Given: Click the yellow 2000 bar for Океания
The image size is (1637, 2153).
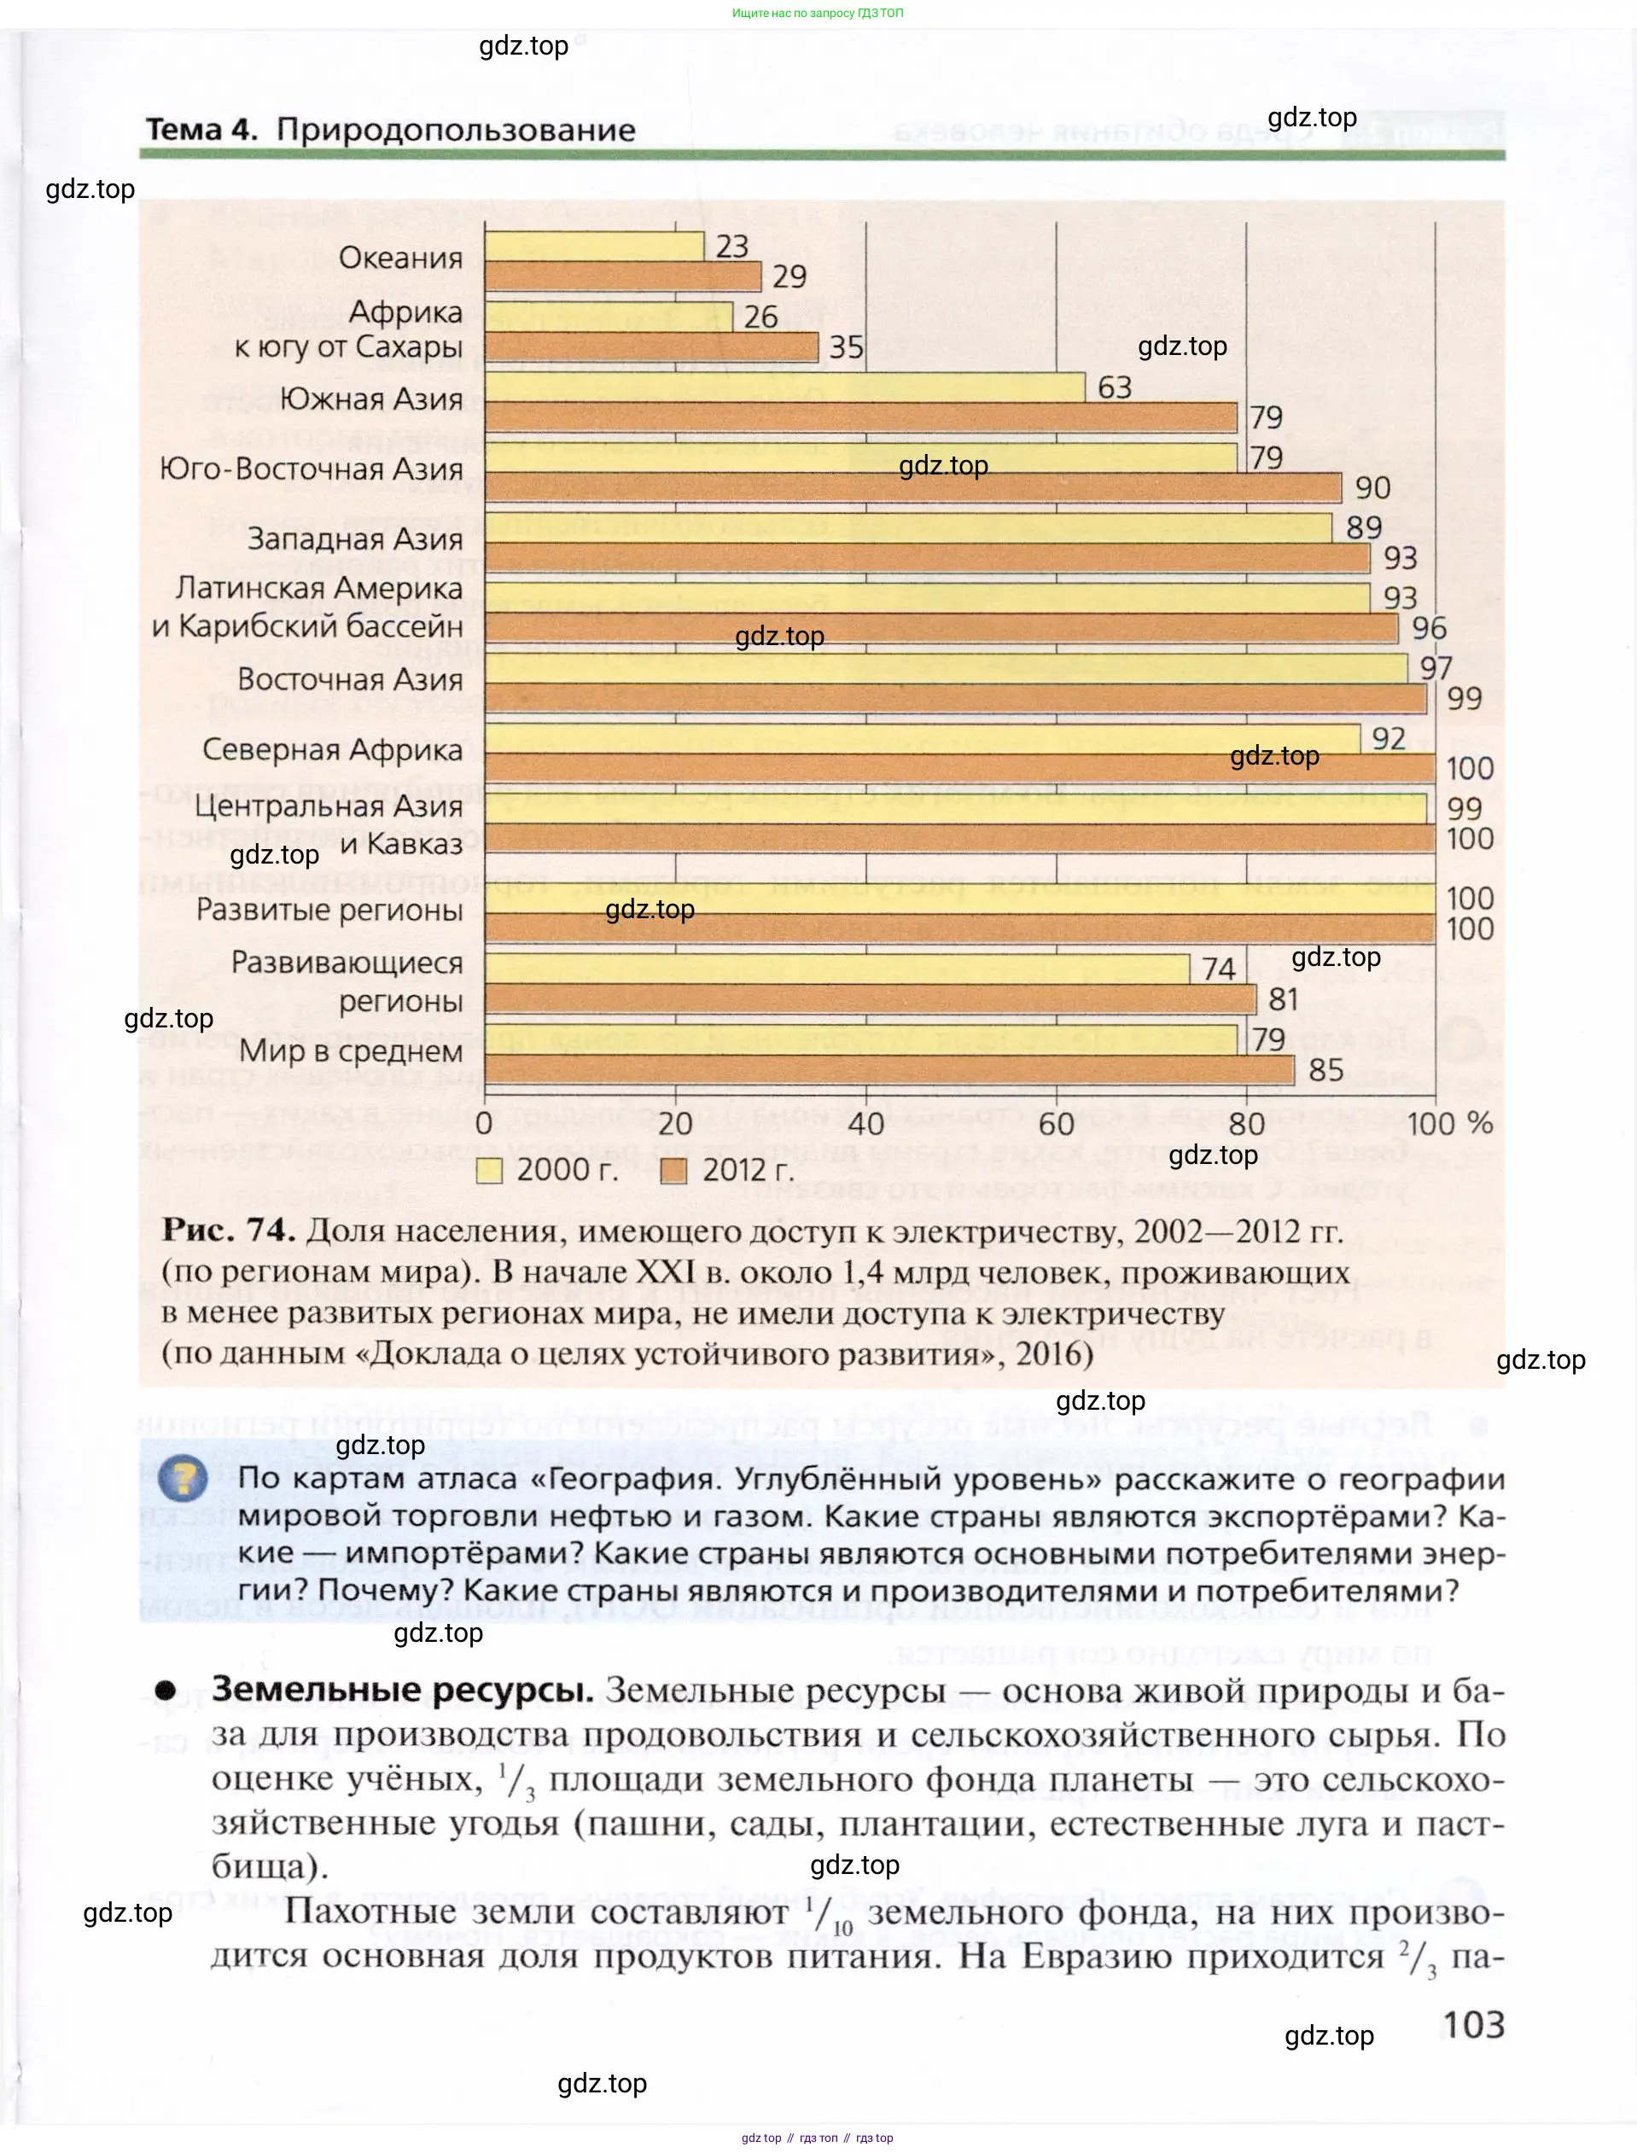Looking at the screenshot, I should click(x=593, y=247).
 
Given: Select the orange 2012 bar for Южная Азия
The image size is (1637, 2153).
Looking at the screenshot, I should click(x=860, y=418).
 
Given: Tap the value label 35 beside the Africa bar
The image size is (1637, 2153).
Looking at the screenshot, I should click(x=846, y=348).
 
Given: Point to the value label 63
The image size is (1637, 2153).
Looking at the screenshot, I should click(x=1115, y=387).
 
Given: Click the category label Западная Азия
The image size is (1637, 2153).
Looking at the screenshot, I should click(x=355, y=538).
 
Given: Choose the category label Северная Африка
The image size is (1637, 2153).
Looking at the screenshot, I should click(x=332, y=749).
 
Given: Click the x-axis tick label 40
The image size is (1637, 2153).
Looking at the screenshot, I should click(x=865, y=1123).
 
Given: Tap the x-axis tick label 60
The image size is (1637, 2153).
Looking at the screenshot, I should click(x=1055, y=1123).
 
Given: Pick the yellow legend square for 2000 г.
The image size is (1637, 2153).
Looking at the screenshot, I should click(x=489, y=1170).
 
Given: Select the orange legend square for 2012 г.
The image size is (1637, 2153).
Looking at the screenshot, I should click(x=673, y=1170).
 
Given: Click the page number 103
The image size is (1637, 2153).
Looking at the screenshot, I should click(x=1473, y=2024).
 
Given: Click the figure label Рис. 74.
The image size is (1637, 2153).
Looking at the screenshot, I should click(x=228, y=1231).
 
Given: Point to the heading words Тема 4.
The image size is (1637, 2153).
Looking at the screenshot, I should click(x=201, y=130).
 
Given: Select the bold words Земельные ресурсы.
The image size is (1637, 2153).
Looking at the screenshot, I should click(x=403, y=1690).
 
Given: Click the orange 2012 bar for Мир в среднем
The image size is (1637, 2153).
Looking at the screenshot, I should click(x=888, y=1071).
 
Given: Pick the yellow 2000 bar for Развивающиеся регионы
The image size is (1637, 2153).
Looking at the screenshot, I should click(x=837, y=969).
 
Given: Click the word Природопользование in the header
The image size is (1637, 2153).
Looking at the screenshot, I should click(x=456, y=130).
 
